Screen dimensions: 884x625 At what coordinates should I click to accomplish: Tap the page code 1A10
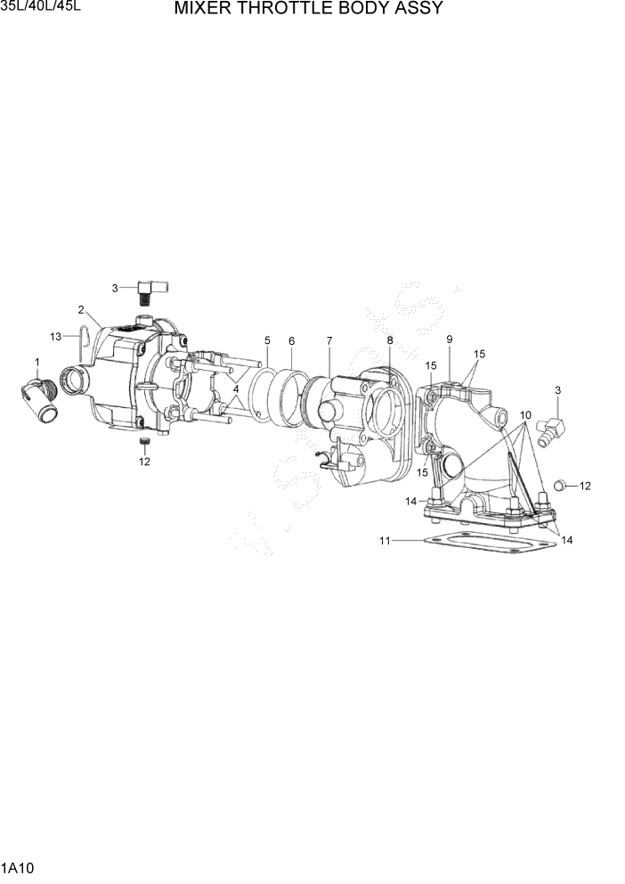pos(18,867)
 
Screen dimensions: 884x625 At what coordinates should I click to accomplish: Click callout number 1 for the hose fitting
pos(37,362)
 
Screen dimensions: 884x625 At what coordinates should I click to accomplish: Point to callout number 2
pos(81,310)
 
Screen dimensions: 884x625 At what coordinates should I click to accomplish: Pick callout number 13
pos(55,336)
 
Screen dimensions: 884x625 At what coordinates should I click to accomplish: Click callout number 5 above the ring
pos(266,341)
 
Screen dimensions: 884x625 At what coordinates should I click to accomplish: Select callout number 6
pos(291,341)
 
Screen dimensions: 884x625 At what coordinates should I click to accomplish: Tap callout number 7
pos(329,341)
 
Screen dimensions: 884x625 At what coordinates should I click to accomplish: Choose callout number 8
pos(389,340)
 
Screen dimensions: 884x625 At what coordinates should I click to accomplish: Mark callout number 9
pos(450,340)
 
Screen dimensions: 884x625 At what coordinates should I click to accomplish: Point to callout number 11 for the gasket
pos(385,540)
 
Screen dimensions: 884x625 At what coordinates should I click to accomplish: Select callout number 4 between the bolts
pos(236,389)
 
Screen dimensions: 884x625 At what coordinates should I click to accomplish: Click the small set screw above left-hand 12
pos(144,443)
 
